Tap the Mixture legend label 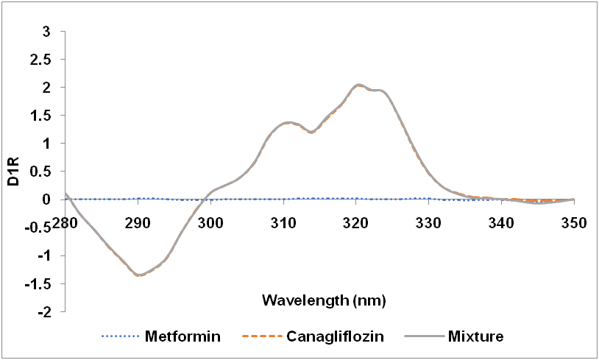[475, 337]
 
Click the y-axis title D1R [14, 171]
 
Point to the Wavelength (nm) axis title [325, 300]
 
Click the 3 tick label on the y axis [46, 32]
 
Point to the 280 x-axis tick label [65, 223]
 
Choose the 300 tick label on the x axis [210, 223]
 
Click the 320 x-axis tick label [356, 223]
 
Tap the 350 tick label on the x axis [574, 223]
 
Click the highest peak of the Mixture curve [358, 85]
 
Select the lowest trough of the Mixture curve [139, 275]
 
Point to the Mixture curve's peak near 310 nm [287, 122]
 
